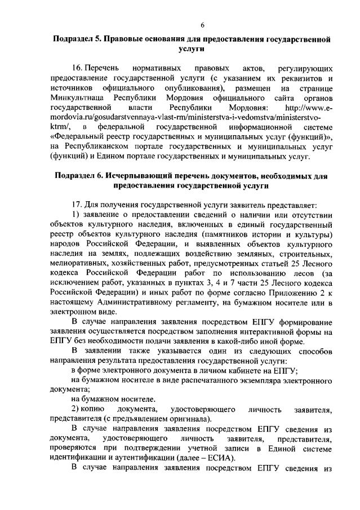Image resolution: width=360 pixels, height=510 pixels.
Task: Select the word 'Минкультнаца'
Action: (77, 98)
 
